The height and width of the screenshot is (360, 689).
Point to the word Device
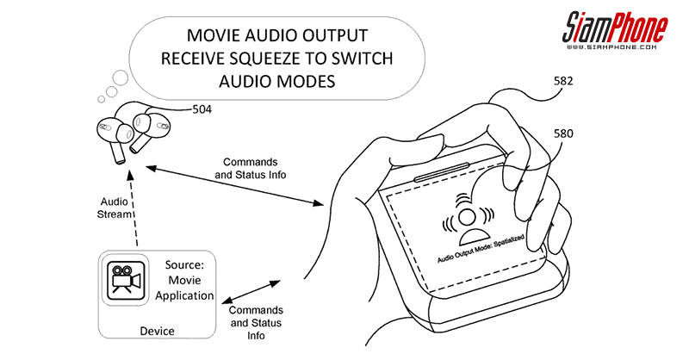[x=158, y=330]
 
